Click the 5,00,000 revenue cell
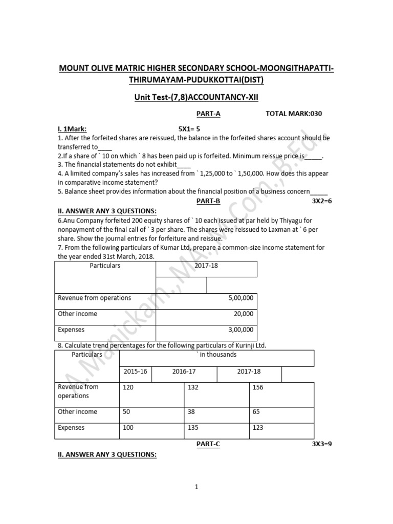(240, 298)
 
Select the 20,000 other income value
(242, 314)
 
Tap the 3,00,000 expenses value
(240, 330)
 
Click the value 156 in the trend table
(258, 387)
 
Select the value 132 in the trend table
(193, 387)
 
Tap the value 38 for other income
(191, 411)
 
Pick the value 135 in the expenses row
(193, 428)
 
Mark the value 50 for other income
(126, 411)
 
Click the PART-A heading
(208, 114)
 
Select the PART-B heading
(208, 201)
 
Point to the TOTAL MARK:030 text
(294, 114)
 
